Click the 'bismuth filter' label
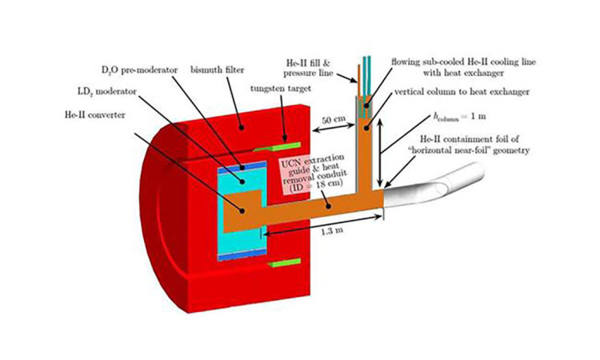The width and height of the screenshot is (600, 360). click(x=217, y=70)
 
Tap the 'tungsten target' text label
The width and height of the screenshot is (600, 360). click(x=281, y=89)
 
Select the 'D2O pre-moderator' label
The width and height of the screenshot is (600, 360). click(x=139, y=70)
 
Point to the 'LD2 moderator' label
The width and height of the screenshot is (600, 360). click(x=106, y=92)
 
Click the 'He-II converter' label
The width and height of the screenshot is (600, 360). click(x=94, y=114)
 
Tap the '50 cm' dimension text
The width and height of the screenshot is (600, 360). click(x=333, y=120)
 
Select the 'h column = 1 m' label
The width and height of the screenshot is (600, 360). click(x=459, y=116)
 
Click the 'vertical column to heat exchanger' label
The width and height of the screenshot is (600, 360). click(x=462, y=92)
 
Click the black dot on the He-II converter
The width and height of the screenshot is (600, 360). click(x=242, y=210)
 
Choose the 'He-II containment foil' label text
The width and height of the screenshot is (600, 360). click(x=474, y=144)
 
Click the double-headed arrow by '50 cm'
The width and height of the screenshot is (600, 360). click(x=334, y=128)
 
